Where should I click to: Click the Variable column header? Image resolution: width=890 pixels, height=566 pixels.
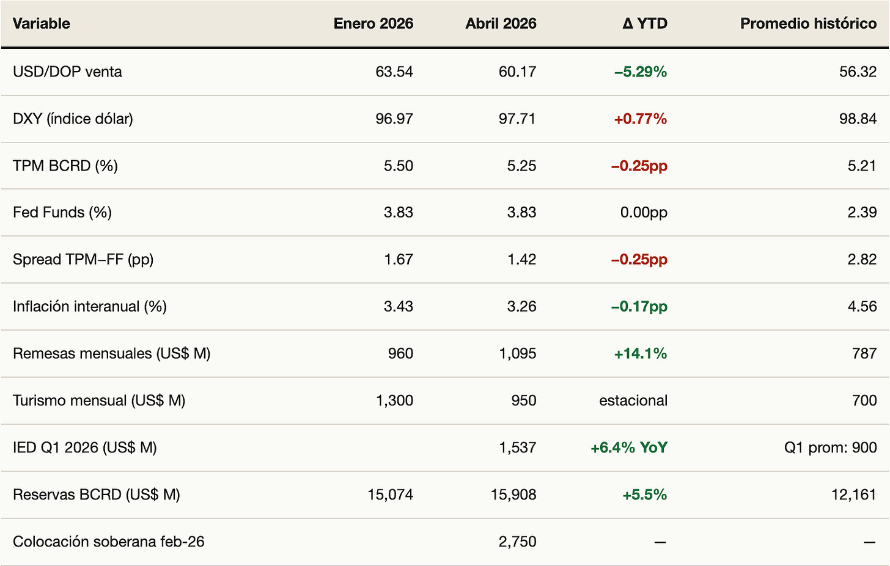coord(42,23)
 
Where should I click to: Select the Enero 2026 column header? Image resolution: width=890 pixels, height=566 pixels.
coord(373,23)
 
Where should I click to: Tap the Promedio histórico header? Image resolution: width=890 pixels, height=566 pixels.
coord(808,23)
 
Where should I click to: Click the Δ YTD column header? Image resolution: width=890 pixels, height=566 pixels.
coord(644,23)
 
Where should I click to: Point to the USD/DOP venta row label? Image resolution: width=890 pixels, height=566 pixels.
coord(67,72)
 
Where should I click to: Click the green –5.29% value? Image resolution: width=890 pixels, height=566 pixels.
coord(641,72)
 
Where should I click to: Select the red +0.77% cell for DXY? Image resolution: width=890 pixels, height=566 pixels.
coord(641,119)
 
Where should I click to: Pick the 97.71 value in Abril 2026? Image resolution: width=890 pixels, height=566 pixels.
coord(517,119)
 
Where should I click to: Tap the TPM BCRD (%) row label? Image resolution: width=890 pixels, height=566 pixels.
coord(65,166)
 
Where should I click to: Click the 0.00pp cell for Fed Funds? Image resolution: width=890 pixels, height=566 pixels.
coord(644,213)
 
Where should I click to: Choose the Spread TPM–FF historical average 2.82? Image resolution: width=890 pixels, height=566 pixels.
coord(862,259)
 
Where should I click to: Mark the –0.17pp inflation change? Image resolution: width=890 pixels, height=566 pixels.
coord(639,306)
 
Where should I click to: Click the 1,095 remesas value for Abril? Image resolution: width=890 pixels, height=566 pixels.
coord(517,353)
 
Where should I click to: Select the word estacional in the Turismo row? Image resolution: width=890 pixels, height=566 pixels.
coord(633,400)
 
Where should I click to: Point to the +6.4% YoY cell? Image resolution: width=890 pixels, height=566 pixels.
coord(629,447)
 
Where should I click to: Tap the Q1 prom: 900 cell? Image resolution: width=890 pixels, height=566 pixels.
coord(830,447)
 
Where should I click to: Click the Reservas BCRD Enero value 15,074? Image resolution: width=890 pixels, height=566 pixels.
coord(390,494)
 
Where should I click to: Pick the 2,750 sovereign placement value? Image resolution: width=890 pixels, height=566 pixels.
coord(517,542)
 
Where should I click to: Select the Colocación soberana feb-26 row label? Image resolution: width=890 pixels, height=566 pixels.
coord(108,542)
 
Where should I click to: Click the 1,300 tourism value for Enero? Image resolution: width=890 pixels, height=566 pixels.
coord(394,400)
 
